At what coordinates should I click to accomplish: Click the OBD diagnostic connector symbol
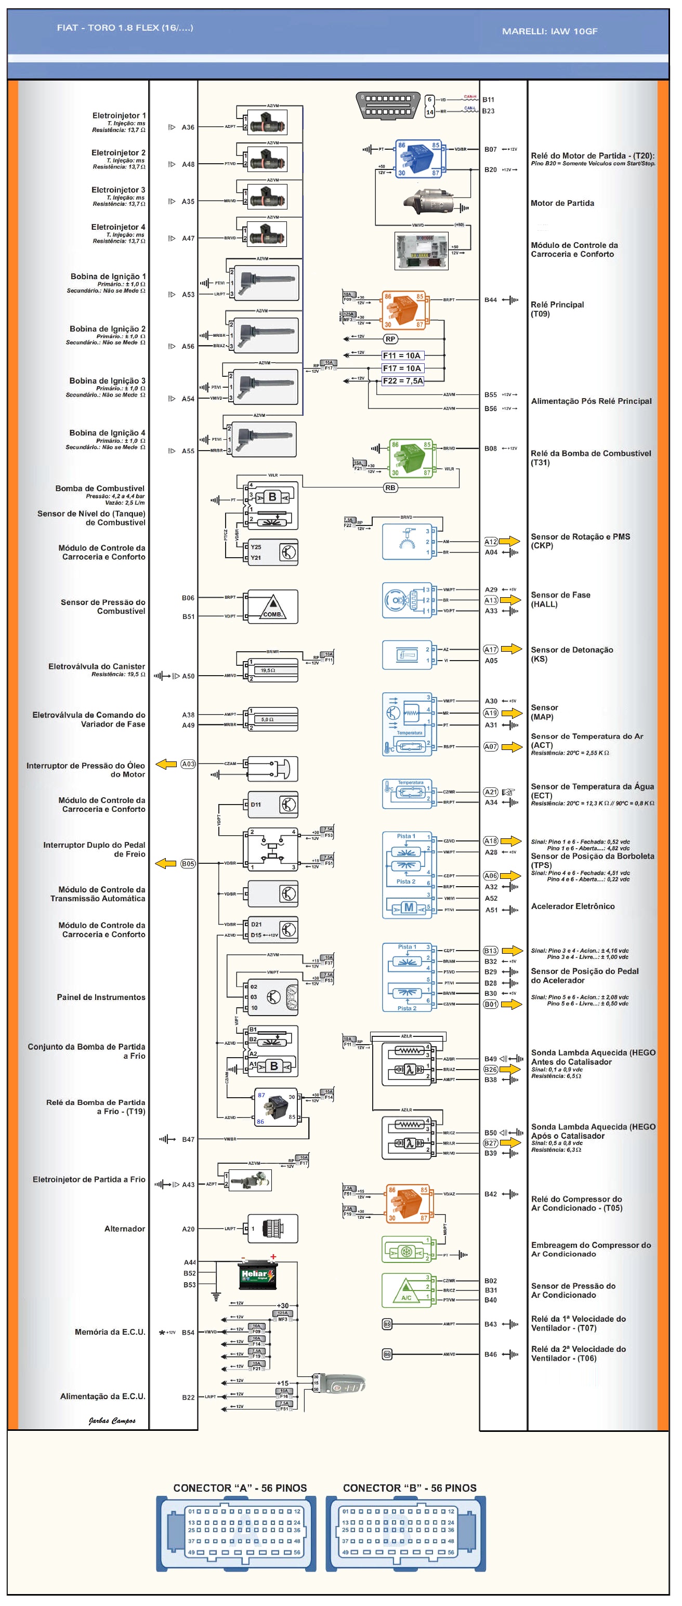pyautogui.click(x=388, y=105)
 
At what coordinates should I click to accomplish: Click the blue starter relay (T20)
pyautogui.click(x=418, y=159)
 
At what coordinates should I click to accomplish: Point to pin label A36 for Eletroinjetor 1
pyautogui.click(x=188, y=127)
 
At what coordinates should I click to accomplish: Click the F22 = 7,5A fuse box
pyautogui.click(x=402, y=380)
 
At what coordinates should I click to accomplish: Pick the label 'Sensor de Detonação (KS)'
pyautogui.click(x=572, y=654)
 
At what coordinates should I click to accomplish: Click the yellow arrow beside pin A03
pyautogui.click(x=166, y=763)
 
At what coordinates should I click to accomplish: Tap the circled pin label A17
pyautogui.click(x=491, y=649)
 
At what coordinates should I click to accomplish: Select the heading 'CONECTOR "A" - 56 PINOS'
pyautogui.click(x=240, y=1487)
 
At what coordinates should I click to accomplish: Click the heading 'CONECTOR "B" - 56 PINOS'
pyautogui.click(x=409, y=1487)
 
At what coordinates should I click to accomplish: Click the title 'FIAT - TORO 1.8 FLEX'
pyautogui.click(x=125, y=28)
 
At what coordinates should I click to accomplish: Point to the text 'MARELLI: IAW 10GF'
pyautogui.click(x=549, y=31)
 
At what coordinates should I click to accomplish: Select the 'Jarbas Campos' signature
pyautogui.click(x=112, y=1420)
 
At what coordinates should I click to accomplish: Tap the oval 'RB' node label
pyautogui.click(x=390, y=488)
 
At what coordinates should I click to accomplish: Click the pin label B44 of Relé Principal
pyautogui.click(x=491, y=300)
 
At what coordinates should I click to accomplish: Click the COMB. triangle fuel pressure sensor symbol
pyautogui.click(x=272, y=607)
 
